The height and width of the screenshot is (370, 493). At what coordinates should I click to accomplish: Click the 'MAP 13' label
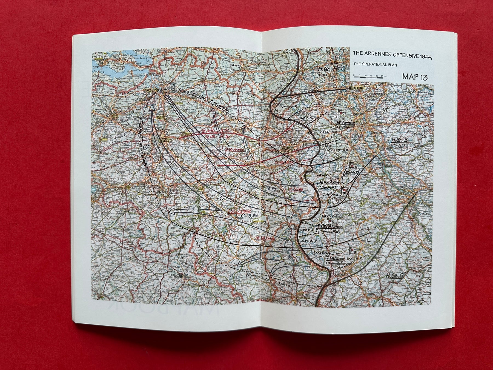(415, 77)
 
